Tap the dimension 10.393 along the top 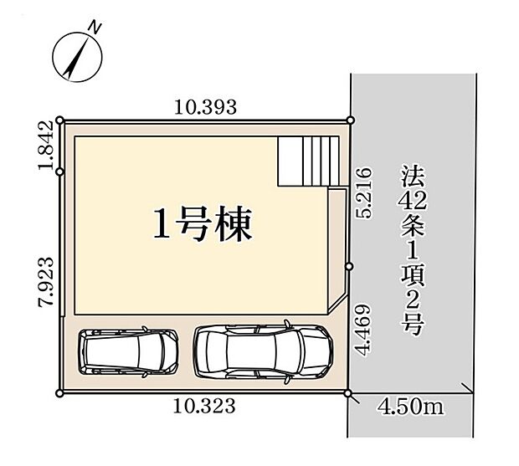[x=205, y=107]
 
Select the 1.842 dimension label [x=46, y=146]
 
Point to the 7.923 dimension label [x=46, y=282]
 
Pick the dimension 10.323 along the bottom [x=204, y=406]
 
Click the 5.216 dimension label [x=364, y=192]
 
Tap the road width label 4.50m [x=410, y=407]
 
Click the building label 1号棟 [x=203, y=224]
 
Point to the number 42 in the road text [x=413, y=201]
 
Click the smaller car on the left [x=128, y=351]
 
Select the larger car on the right [x=263, y=352]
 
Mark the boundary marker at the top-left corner [x=60, y=120]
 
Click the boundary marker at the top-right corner [x=351, y=120]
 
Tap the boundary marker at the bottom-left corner [x=59, y=393]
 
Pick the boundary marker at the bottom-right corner [x=348, y=393]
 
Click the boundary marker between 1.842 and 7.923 [x=60, y=172]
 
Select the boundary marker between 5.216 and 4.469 [x=350, y=266]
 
